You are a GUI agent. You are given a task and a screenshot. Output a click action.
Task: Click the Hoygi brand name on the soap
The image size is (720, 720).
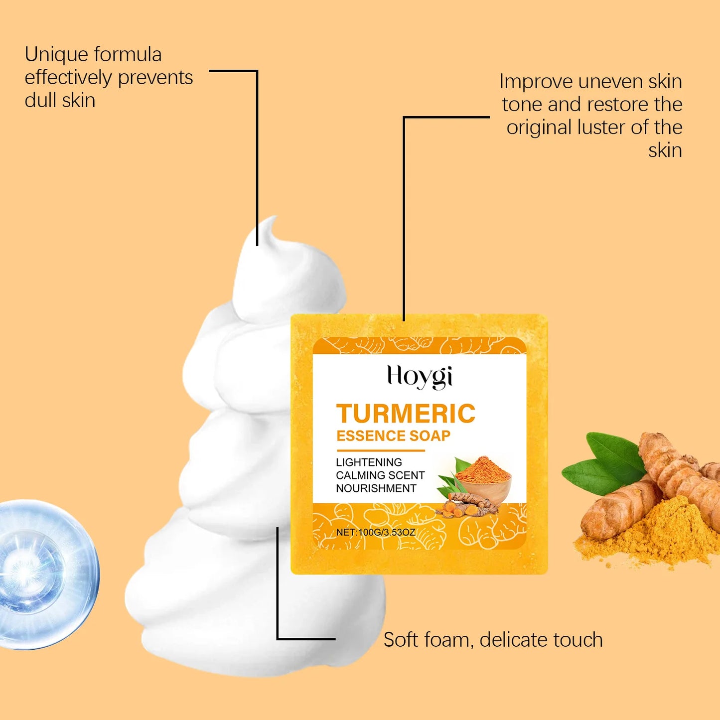click(420, 377)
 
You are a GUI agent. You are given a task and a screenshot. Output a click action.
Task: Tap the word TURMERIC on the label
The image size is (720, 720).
click(406, 414)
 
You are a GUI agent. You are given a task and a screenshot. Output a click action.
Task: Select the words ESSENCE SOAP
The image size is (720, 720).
click(393, 436)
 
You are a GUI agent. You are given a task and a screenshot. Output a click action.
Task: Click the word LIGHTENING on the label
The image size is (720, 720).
click(369, 462)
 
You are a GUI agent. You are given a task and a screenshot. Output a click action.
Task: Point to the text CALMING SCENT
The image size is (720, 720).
click(380, 475)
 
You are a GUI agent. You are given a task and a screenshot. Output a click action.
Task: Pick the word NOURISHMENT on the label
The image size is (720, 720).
click(376, 488)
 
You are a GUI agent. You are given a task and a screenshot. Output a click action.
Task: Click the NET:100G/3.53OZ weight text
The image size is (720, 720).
click(375, 532)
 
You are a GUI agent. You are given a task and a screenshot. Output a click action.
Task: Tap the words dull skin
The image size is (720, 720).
click(60, 101)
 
